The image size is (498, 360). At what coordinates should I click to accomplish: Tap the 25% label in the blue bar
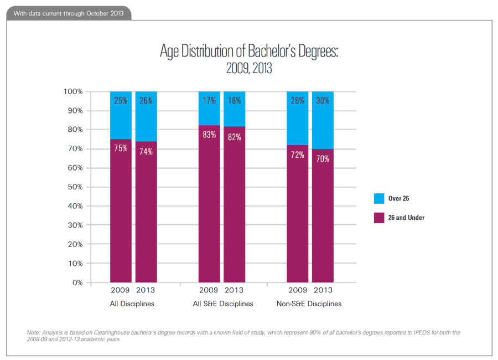[121, 101]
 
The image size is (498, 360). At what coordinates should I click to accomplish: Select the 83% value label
[209, 135]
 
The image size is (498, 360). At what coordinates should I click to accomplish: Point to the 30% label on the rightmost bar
[323, 101]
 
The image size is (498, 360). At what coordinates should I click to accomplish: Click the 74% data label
[146, 151]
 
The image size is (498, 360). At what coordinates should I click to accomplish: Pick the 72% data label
[298, 155]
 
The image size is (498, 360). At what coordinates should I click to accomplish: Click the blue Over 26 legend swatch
[379, 198]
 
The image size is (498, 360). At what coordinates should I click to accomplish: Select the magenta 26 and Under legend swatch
[379, 218]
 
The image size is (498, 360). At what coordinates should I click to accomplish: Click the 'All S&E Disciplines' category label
[222, 304]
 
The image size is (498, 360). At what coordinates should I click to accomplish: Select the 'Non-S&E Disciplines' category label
[309, 304]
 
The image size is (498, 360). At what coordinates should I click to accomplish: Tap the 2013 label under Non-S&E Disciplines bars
[323, 290]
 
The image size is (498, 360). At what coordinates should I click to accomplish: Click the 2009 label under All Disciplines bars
[121, 290]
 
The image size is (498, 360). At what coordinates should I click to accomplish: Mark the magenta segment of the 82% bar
[235, 210]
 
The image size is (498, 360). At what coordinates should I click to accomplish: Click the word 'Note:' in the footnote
[34, 332]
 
